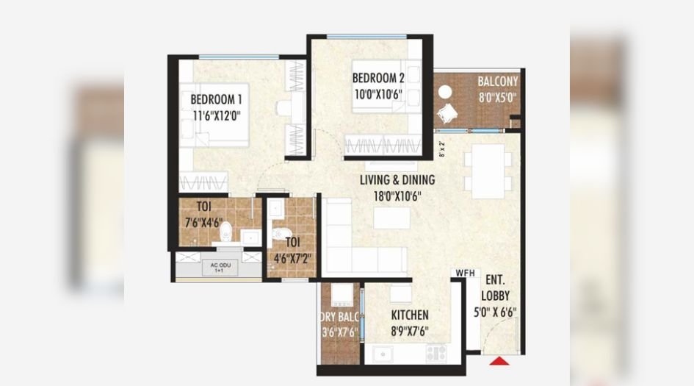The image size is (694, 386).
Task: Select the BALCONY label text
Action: (498, 82)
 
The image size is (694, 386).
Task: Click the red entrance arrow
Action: (501, 360)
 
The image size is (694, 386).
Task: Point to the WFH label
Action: (466, 273)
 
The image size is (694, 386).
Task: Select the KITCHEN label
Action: (410, 315)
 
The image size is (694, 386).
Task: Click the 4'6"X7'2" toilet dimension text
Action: (292, 258)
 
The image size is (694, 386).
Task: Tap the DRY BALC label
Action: (339, 316)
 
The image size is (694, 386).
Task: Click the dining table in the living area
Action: (488, 171)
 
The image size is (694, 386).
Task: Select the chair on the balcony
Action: (449, 112)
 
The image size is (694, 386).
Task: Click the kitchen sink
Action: (383, 354)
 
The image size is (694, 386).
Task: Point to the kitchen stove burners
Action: (436, 354)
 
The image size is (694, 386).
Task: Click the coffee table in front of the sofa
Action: (391, 218)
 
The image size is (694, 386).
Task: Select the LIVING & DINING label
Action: (397, 180)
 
